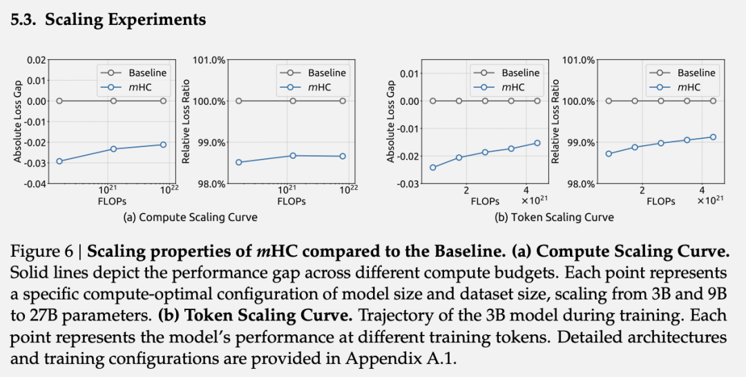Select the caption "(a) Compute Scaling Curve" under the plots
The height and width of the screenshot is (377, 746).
190,217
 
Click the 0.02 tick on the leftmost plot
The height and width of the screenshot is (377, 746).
36,60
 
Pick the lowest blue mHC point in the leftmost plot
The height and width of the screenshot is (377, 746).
59,161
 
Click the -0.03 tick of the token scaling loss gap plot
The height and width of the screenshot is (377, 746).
408,184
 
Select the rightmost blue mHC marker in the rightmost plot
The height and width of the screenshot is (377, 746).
713,137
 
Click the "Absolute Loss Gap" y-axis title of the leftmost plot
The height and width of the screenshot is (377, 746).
18,122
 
